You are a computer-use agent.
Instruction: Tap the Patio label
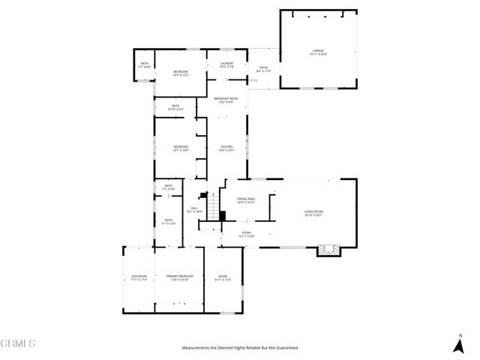click(264, 67)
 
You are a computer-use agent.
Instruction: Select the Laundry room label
click(226, 64)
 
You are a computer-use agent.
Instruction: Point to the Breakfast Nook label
click(226, 99)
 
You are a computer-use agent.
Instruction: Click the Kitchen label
click(226, 146)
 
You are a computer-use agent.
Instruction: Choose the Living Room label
click(313, 212)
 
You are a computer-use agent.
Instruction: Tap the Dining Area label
click(246, 199)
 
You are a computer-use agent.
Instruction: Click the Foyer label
click(247, 233)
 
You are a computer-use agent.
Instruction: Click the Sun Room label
click(139, 277)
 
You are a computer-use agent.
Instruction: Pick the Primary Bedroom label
click(179, 277)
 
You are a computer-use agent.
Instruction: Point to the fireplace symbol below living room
click(327, 250)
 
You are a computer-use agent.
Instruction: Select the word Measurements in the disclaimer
click(197, 348)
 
